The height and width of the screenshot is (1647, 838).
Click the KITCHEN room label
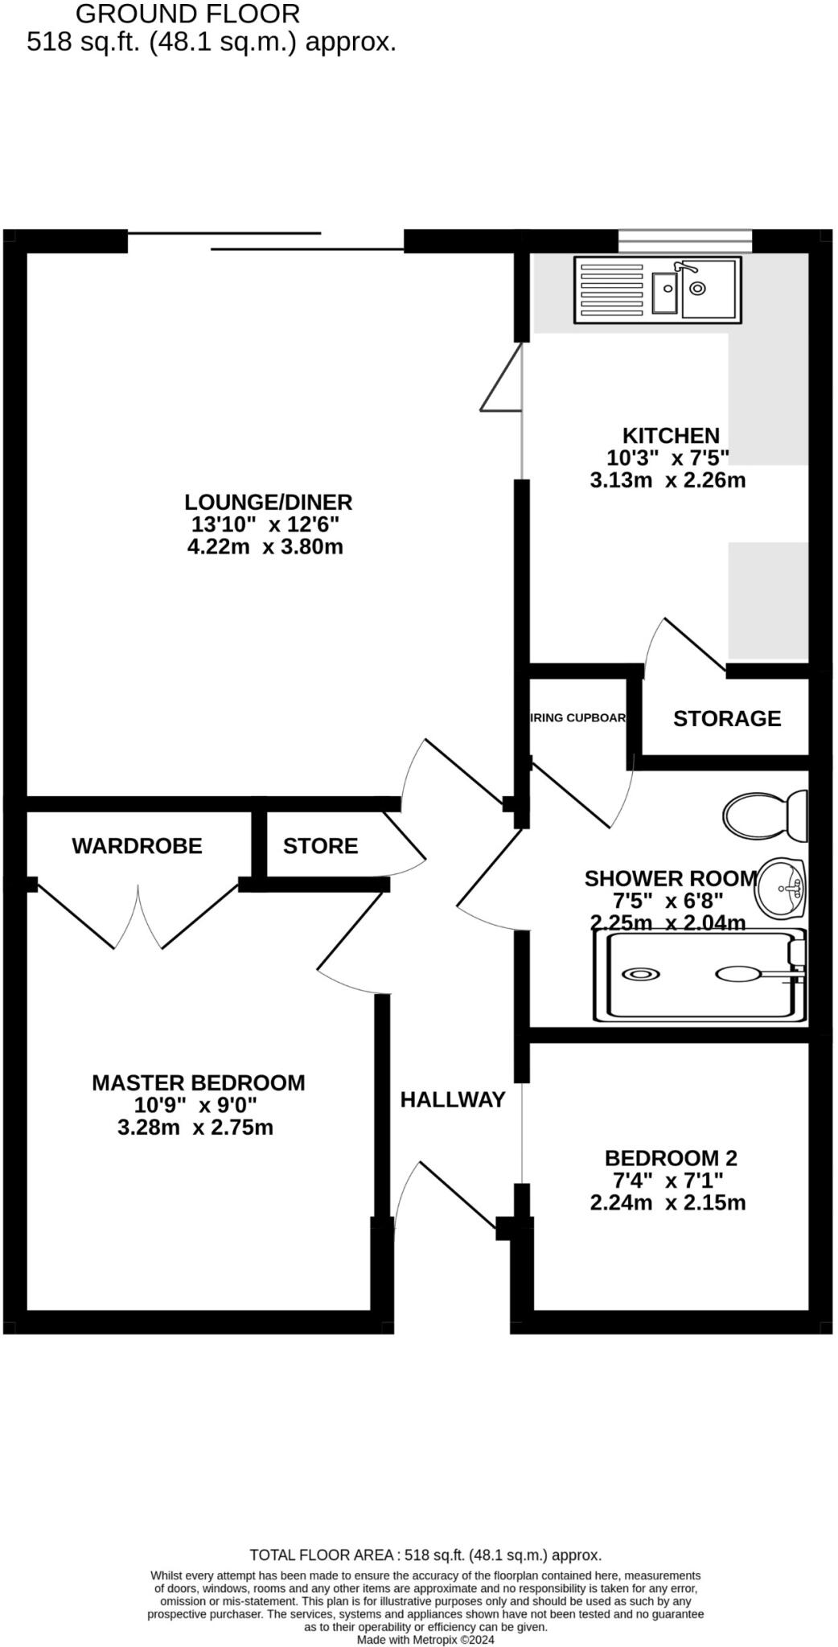[x=671, y=436]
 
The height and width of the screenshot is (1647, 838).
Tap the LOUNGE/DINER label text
[x=268, y=503]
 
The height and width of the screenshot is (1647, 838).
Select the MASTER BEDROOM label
[x=198, y=1083]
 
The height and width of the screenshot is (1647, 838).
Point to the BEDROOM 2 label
[x=670, y=1158]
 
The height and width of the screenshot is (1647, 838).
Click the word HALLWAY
[x=453, y=1099]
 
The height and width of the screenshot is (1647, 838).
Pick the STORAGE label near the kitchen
[x=726, y=718]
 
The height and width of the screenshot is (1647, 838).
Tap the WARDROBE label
[x=137, y=846]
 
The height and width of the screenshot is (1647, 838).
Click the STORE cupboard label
[x=320, y=846]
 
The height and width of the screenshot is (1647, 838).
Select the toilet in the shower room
[x=764, y=815]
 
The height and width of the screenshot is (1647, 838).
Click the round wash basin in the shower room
[x=782, y=888]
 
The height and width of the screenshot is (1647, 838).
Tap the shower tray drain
[x=641, y=974]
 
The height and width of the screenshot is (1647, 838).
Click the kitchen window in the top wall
[x=685, y=240]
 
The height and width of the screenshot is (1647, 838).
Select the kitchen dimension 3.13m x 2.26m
[x=668, y=481]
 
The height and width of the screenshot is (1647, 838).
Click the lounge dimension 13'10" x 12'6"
[x=265, y=525]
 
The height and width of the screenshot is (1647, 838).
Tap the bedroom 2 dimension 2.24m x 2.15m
[x=668, y=1203]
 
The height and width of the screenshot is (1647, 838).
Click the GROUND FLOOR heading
[x=187, y=14]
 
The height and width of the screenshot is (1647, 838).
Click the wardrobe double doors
[x=138, y=917]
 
